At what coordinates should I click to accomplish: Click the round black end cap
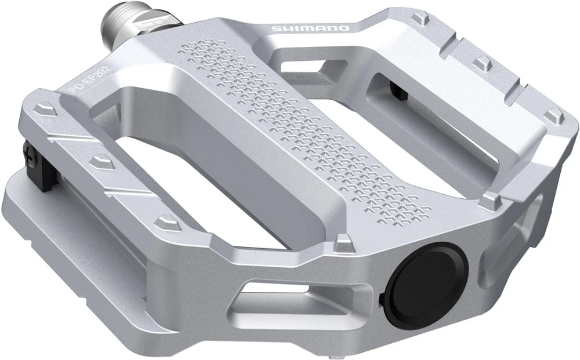point(429,276)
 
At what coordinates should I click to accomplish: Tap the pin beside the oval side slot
point(494,199)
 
